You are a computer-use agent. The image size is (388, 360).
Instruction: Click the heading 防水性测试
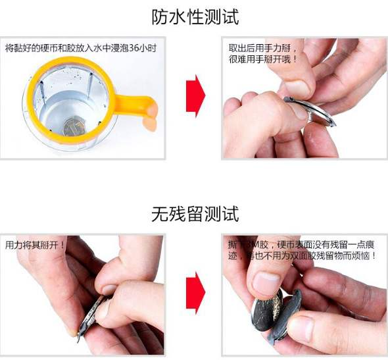[x=195, y=17]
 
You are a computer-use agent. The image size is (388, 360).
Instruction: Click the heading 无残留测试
[x=195, y=214]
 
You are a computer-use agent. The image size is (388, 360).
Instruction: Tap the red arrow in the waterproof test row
[x=196, y=96]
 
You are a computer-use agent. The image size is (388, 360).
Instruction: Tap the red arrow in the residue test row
[x=196, y=293]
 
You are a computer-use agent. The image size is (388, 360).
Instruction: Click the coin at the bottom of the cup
[x=74, y=127]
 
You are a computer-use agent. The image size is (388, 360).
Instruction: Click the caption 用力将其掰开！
[x=35, y=245]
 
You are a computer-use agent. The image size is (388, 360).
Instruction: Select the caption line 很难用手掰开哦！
[x=262, y=59]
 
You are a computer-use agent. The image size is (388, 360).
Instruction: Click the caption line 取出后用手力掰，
[x=262, y=48]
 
